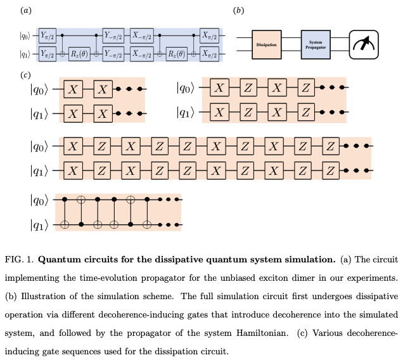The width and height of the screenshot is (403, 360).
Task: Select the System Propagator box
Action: [x=316, y=44]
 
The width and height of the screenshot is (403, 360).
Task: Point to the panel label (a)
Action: [x=25, y=11]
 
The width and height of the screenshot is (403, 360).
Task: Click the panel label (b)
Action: [x=238, y=11]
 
